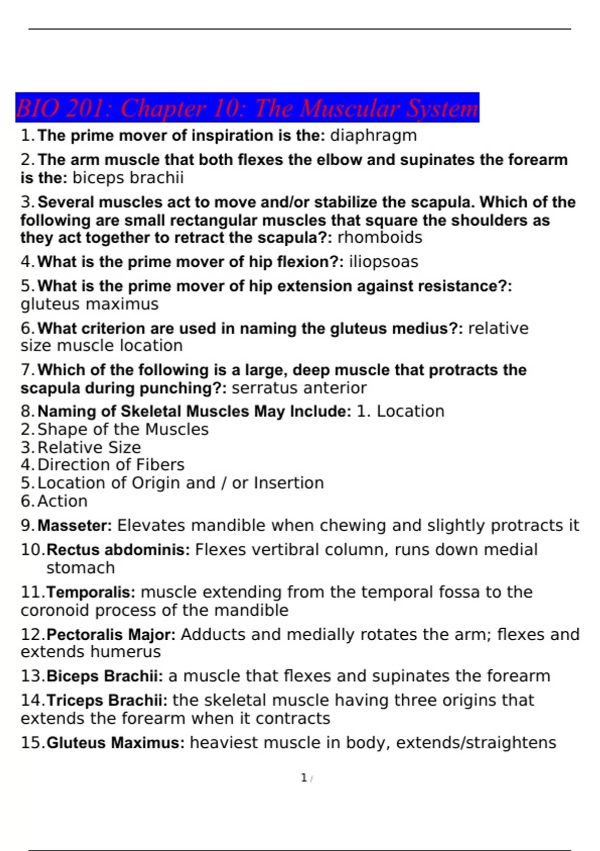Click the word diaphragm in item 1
pos(373,136)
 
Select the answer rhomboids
pos(379,237)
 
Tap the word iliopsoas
pos(383,262)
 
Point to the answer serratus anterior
pos(299,388)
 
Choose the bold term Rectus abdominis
pos(118,550)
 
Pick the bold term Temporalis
pos(90,593)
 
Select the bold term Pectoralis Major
pos(110,635)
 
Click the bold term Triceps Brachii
pos(106,700)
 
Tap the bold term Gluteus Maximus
pos(115,743)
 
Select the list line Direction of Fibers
pos(110,465)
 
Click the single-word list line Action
pos(62,501)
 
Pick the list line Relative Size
pos(89,448)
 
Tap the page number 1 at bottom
pos(303,778)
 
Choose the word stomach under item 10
pos(80,568)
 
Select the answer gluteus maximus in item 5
pos(89,304)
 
